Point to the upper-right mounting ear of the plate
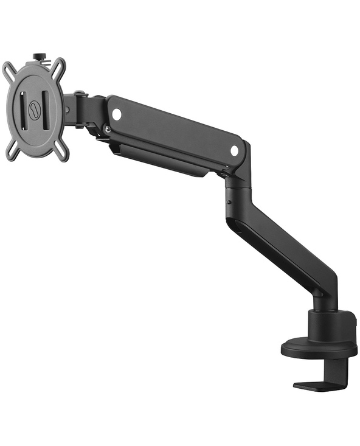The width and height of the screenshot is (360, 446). pyautogui.click(x=58, y=65)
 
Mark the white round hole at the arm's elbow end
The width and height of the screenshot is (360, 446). pyautogui.click(x=235, y=150)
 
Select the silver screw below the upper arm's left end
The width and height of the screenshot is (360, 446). pyautogui.click(x=107, y=128)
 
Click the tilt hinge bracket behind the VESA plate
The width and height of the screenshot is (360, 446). pyautogui.click(x=79, y=108)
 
